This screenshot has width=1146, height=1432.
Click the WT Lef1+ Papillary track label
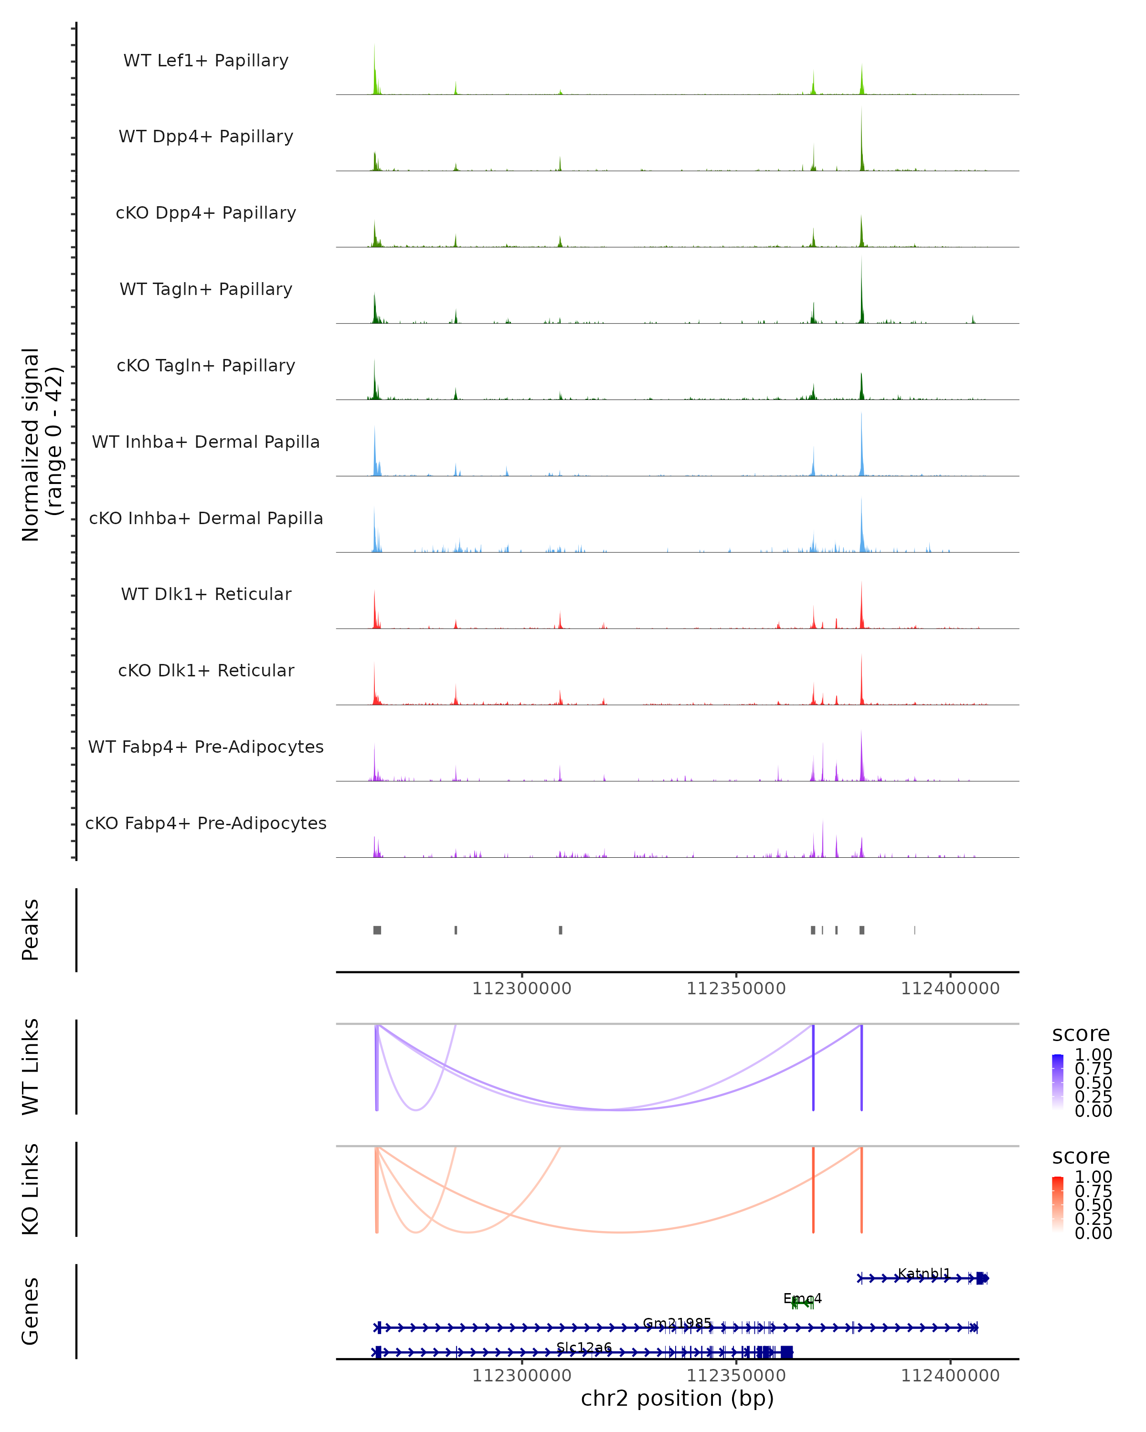(x=206, y=61)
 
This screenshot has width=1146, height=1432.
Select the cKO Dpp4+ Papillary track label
(x=206, y=213)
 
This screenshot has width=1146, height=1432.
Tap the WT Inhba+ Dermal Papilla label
(x=206, y=442)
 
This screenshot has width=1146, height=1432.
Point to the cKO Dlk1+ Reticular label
(x=206, y=671)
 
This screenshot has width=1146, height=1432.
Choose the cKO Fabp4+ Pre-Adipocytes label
(x=206, y=823)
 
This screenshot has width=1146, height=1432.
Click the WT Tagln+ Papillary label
(x=206, y=290)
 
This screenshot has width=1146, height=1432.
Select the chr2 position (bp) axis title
(x=677, y=1399)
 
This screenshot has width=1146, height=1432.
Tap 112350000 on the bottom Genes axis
(x=736, y=1376)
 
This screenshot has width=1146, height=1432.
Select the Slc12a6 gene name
(x=584, y=1348)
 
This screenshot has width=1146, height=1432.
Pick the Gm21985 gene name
(x=677, y=1324)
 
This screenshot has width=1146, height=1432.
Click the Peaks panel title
(x=31, y=930)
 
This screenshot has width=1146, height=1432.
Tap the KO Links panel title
(x=31, y=1190)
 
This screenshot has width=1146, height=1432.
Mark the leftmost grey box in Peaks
(x=377, y=930)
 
